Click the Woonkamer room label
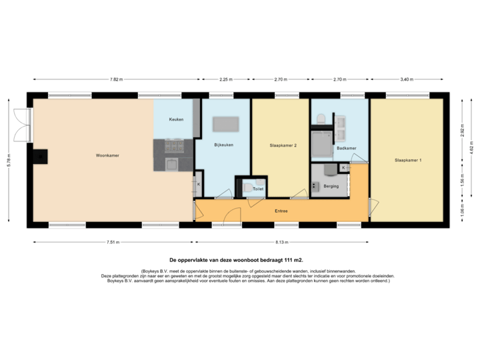pyautogui.click(x=107, y=155)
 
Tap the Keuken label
pyautogui.click(x=176, y=119)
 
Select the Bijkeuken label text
pyautogui.click(x=223, y=145)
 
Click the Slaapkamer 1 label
pyautogui.click(x=407, y=160)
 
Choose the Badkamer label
pyautogui.click(x=346, y=148)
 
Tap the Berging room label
pyautogui.click(x=331, y=186)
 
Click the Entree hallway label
pyautogui.click(x=282, y=211)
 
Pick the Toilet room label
pyautogui.click(x=257, y=189)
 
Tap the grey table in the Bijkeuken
pyautogui.click(x=226, y=124)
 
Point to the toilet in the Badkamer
pyautogui.click(x=321, y=119)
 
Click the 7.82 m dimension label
pyautogui.click(x=116, y=79)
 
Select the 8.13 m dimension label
pyautogui.click(x=282, y=243)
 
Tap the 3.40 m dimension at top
pyautogui.click(x=407, y=79)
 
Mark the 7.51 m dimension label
pyautogui.click(x=111, y=243)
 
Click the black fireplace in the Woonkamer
pyautogui.click(x=41, y=157)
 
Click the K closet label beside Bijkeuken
pyautogui.click(x=198, y=183)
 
